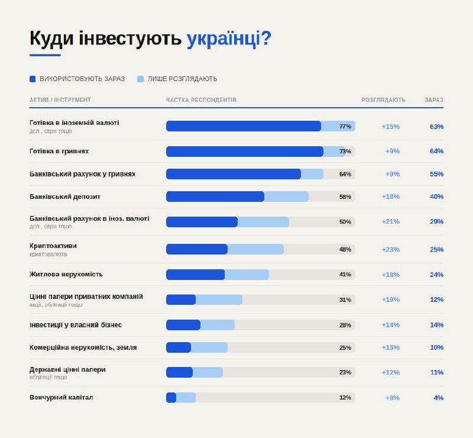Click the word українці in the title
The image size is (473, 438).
[229, 38]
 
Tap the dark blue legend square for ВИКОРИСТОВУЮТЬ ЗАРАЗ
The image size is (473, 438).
[33, 79]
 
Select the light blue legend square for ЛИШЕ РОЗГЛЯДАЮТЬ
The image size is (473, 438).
[140, 79]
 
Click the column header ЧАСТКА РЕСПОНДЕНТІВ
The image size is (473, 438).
[201, 100]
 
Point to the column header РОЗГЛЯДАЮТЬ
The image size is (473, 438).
[384, 100]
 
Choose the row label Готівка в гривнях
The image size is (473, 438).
[59, 151]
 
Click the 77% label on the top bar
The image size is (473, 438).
[345, 126]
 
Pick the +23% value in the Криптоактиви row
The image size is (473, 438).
[391, 249]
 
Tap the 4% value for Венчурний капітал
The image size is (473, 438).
[438, 398]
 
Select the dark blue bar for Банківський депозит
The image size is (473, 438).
[215, 197]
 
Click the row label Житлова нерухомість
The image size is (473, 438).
[66, 274]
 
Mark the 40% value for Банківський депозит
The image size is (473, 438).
[437, 197]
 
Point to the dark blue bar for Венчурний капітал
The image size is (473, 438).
[171, 398]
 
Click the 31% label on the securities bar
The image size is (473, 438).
[345, 299]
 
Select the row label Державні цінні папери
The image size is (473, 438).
[67, 369]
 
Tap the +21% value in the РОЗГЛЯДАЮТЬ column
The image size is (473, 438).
[391, 221]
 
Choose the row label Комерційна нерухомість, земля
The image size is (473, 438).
[83, 347]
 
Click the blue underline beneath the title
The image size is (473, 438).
[45, 56]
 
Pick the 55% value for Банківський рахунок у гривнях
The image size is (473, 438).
[437, 174]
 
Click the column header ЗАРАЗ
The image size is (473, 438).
[434, 100]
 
